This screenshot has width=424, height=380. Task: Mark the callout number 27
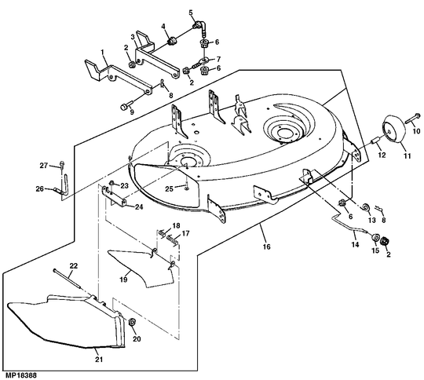pyautogui.click(x=45, y=164)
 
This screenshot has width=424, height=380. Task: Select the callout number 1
pyautogui.click(x=103, y=51)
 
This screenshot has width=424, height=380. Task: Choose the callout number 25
pyautogui.click(x=170, y=188)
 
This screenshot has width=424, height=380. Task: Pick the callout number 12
pyautogui.click(x=382, y=156)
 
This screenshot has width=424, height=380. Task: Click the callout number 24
pyautogui.click(x=137, y=207)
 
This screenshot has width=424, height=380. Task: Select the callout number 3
pyautogui.click(x=132, y=37)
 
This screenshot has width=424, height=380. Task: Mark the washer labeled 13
pyautogui.click(x=365, y=207)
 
